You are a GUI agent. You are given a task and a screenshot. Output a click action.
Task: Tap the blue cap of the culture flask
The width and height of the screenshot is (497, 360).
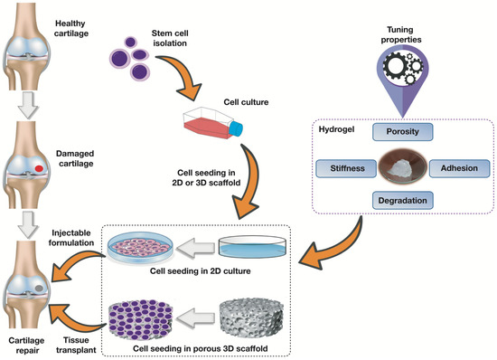point(238,130)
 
